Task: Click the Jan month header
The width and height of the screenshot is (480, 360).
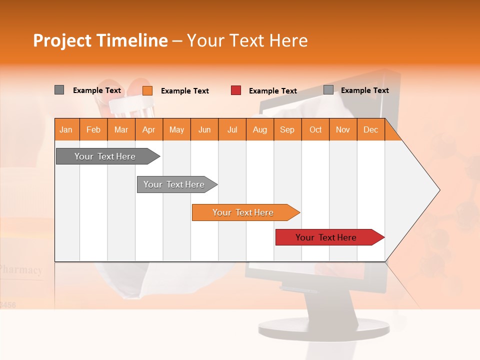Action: pyautogui.click(x=66, y=129)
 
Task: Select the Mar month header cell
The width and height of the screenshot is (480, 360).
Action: pyautogui.click(x=121, y=129)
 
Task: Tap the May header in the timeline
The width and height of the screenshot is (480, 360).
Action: pyautogui.click(x=176, y=129)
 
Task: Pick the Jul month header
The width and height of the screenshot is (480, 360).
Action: pyautogui.click(x=232, y=129)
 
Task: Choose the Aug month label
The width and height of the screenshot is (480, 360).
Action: pyautogui.click(x=259, y=129)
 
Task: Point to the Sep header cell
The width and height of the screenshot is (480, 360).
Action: pyautogui.click(x=287, y=129)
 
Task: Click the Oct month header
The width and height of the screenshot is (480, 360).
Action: pyautogui.click(x=315, y=129)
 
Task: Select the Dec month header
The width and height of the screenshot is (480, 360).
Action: pyautogui.click(x=370, y=129)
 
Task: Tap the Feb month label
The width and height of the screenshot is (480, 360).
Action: pyautogui.click(x=93, y=129)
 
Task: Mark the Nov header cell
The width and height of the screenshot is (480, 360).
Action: pyautogui.click(x=342, y=129)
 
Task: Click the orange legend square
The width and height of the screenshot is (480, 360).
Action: pyautogui.click(x=147, y=90)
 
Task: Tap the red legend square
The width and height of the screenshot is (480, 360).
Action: pyautogui.click(x=236, y=90)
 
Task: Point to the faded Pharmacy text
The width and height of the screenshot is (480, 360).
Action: pyautogui.click(x=21, y=270)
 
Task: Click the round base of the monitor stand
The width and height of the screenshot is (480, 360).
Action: pyautogui.click(x=323, y=327)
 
